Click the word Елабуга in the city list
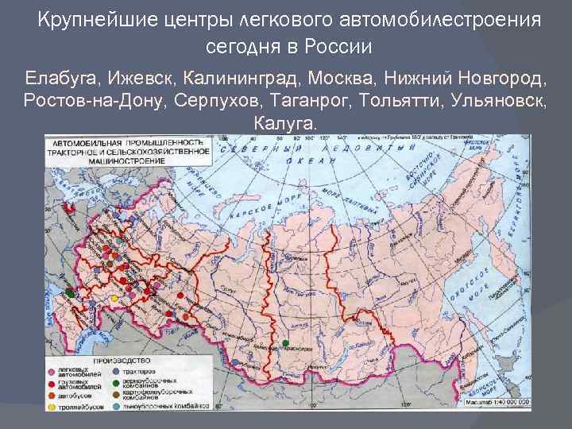point(54,79)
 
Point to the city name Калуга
point(285,124)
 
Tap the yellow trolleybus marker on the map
point(114,298)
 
